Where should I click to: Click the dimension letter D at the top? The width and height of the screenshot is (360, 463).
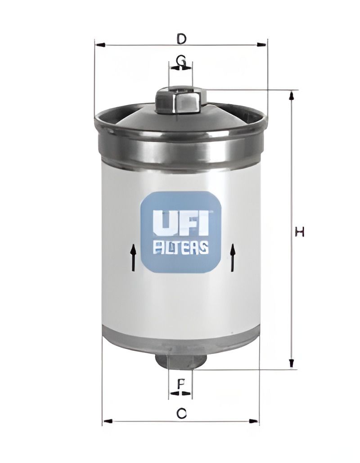[181, 39]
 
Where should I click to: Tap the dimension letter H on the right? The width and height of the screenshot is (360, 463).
[300, 232]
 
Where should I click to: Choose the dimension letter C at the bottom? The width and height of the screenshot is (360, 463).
[181, 413]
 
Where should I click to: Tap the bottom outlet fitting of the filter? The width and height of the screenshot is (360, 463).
[180, 360]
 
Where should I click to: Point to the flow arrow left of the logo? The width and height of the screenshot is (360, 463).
[133, 257]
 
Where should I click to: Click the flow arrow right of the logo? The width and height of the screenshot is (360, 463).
[233, 257]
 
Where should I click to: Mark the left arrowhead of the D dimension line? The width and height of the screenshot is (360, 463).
[100, 45]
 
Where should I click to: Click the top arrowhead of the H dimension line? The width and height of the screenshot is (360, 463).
[292, 95]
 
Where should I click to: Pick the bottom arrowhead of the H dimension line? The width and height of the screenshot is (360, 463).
[292, 363]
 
